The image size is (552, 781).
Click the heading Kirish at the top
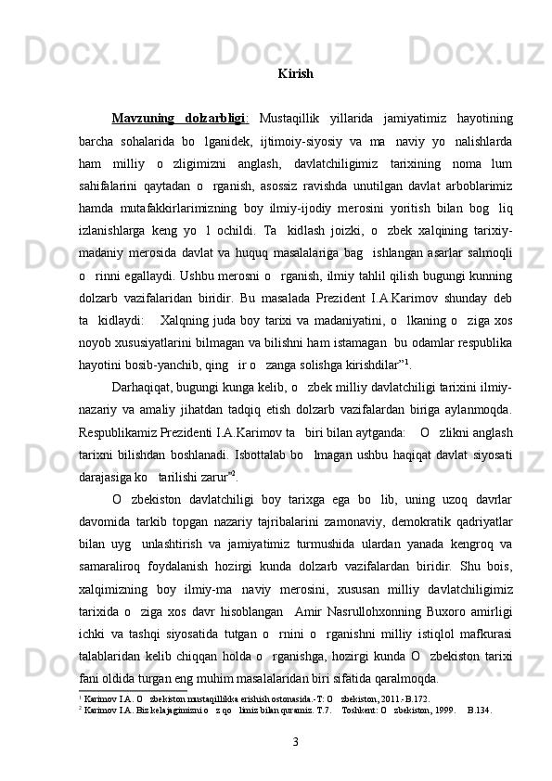point(295,72)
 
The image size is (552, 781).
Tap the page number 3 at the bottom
point(295,743)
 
